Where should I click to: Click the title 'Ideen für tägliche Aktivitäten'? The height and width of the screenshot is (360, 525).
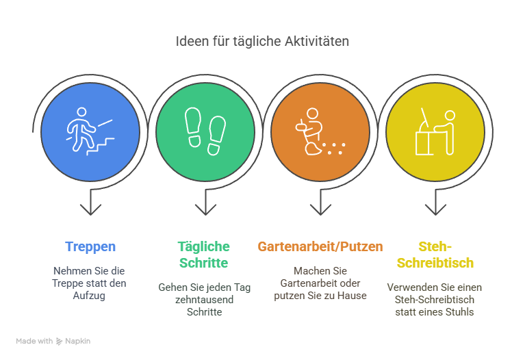point(262,41)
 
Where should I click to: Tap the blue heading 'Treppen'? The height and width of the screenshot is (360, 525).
point(90,247)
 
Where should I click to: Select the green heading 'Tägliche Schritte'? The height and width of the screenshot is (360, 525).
point(203,255)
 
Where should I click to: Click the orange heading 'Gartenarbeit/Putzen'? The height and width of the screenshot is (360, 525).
point(320,246)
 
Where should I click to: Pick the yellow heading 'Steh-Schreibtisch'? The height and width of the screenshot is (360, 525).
point(435,255)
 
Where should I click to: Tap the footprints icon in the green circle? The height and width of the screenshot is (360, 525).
point(205,131)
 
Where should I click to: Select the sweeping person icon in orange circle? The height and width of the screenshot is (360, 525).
point(320,131)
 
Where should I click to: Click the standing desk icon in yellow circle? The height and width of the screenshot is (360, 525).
point(435,131)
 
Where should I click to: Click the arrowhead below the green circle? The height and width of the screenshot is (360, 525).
point(205,209)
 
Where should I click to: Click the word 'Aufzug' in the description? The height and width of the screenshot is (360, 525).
point(89,296)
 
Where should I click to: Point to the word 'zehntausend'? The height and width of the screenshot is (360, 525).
point(204,299)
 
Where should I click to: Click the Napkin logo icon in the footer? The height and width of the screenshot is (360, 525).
point(60,342)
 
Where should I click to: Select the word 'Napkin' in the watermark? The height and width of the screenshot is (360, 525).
point(77,341)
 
